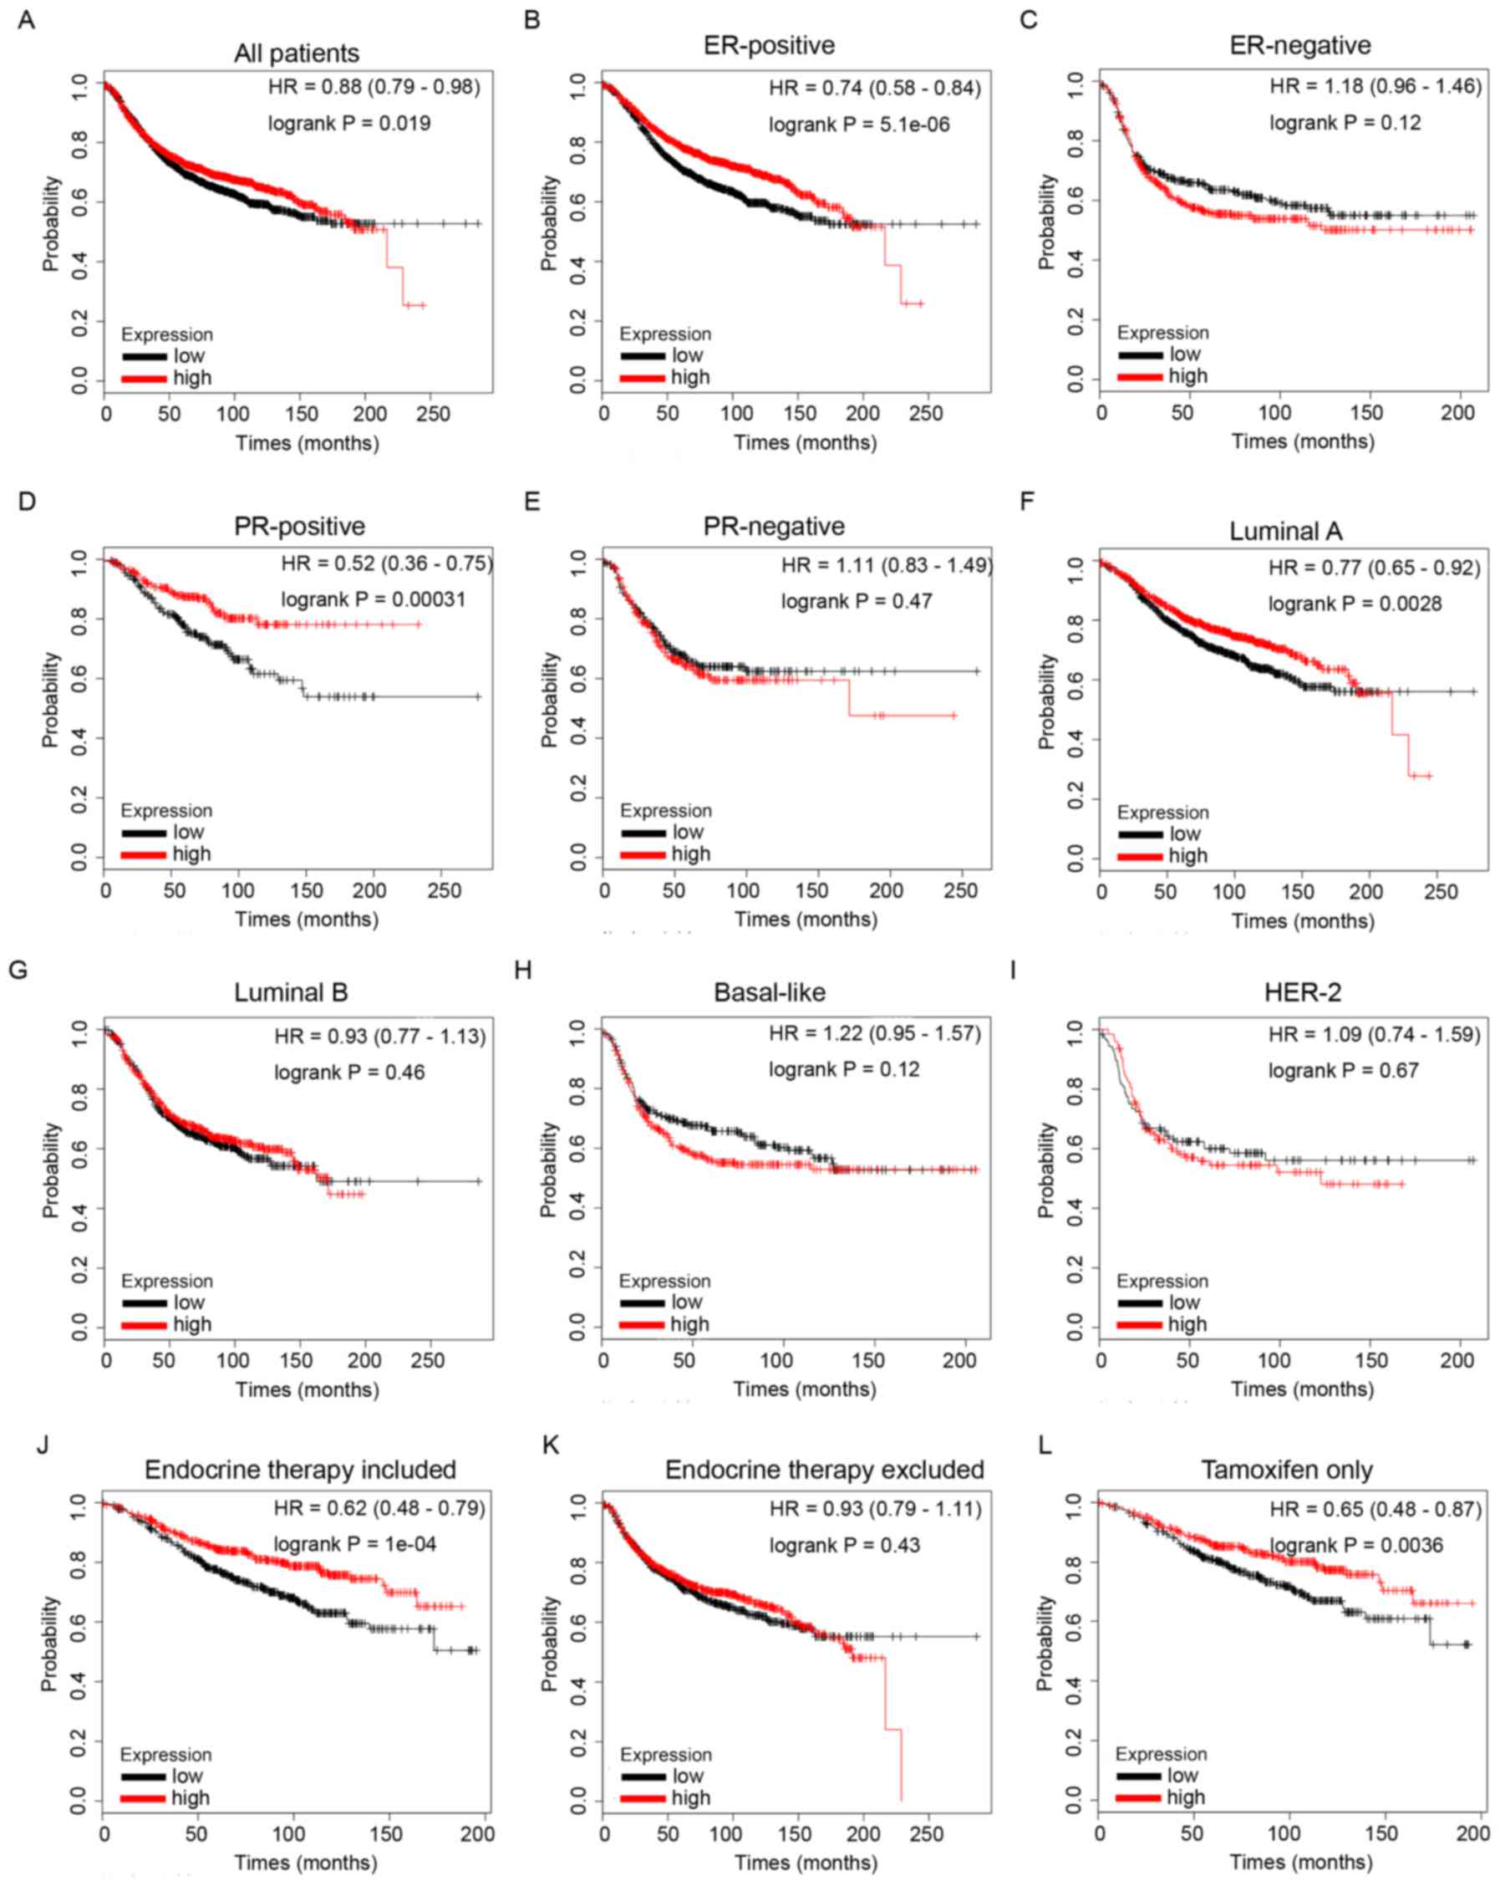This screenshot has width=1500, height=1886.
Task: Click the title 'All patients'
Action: point(296,54)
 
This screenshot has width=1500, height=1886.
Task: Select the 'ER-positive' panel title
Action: point(769,45)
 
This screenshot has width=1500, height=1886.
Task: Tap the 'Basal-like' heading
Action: point(769,992)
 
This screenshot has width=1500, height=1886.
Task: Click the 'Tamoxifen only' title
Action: point(1286,1470)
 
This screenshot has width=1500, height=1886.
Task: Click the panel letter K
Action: point(550,1445)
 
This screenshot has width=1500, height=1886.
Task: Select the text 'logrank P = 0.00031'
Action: point(373,600)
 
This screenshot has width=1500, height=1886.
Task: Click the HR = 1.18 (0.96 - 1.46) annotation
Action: point(1375,87)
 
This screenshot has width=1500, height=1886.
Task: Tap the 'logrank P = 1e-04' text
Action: point(354,1544)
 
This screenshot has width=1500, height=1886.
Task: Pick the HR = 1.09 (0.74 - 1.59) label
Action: point(1374,1035)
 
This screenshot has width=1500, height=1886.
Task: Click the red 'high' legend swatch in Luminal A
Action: point(1140,856)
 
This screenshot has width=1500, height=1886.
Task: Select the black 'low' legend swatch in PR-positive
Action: point(144,833)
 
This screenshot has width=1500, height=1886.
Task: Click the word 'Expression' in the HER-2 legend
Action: point(1162,1281)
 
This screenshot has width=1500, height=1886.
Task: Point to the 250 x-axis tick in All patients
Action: point(433,414)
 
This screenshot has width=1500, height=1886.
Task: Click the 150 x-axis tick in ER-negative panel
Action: point(1366,413)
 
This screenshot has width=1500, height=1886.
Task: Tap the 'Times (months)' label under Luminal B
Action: point(307,1389)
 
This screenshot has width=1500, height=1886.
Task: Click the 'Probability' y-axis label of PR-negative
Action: point(548,700)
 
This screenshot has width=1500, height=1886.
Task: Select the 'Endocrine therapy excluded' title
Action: point(824,1470)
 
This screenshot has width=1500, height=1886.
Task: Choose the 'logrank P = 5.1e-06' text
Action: point(859,125)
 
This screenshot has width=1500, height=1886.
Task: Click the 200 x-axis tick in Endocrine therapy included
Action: point(476,1833)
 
